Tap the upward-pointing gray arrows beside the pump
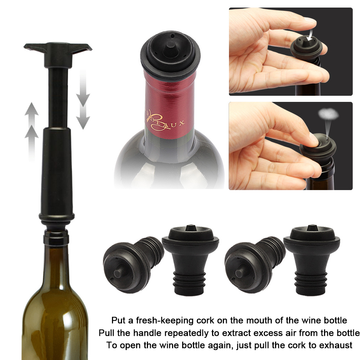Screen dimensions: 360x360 pyautogui.click(x=32, y=126)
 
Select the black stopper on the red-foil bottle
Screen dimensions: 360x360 pyautogui.click(x=170, y=54)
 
